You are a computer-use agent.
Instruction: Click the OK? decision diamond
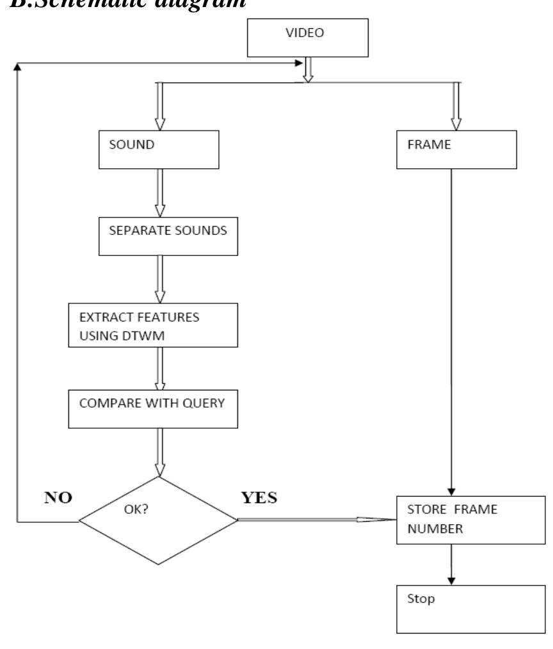tap(158, 520)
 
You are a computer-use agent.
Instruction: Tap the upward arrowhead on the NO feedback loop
tap(17, 67)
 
